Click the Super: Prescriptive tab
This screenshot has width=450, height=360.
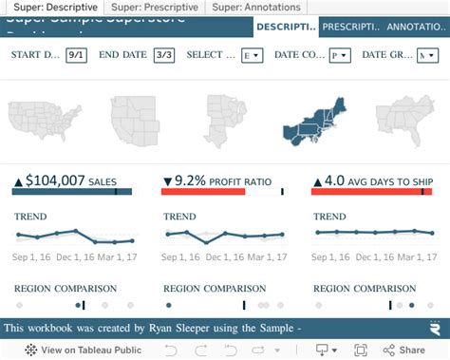tap(157, 7)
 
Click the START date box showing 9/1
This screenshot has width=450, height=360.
tap(76, 56)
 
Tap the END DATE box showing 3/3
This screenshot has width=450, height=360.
tap(163, 56)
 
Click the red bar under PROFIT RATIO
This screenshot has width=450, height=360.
tap(203, 192)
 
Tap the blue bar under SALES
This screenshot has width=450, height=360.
tap(72, 192)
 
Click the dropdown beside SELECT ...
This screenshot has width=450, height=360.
tap(252, 56)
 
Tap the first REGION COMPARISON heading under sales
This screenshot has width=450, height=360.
tap(66, 288)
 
